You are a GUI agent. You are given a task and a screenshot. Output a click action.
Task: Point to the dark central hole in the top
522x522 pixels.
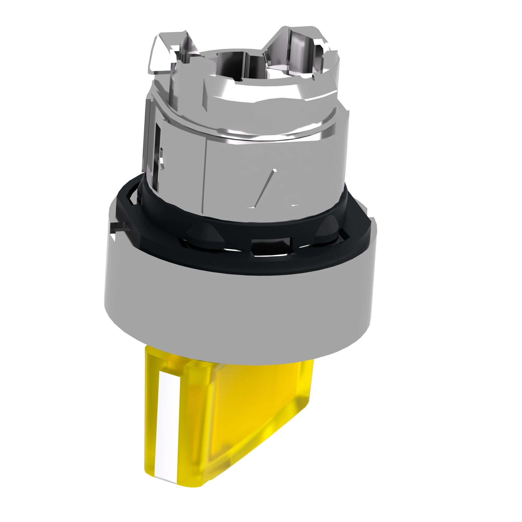(232, 68)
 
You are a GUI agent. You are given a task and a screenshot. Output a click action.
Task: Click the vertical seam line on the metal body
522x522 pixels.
(207, 173)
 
